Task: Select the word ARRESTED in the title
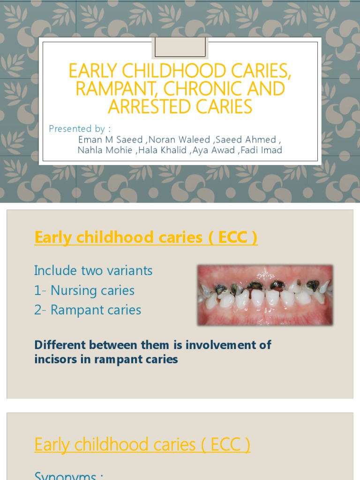pos(150,107)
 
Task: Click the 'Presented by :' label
pos(80,128)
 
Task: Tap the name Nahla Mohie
pos(105,150)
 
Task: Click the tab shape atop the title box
pos(180,47)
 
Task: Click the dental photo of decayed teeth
pos(265,295)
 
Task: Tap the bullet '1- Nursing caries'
pos(84,291)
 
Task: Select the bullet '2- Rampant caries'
pos(88,310)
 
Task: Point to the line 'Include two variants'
pos(93,270)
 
